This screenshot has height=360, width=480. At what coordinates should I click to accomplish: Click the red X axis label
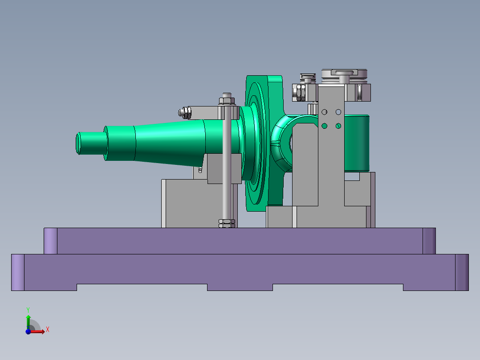click(47, 330)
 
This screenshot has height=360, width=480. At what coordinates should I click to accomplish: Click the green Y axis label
click(28, 309)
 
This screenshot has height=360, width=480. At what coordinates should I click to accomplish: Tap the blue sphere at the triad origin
click(28, 331)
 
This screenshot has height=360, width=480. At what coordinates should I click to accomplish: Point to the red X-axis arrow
click(39, 331)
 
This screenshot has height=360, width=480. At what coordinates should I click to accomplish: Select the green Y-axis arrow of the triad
click(28, 320)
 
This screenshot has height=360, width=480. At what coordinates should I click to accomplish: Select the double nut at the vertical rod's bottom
click(227, 223)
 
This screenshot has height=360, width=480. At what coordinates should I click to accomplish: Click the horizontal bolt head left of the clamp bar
click(183, 113)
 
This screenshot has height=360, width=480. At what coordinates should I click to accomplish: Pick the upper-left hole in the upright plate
click(325, 112)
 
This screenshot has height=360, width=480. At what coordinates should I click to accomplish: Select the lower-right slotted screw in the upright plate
click(338, 126)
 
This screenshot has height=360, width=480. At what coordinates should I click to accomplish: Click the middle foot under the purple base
click(240, 287)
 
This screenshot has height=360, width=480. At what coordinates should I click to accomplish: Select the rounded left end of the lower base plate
click(17, 272)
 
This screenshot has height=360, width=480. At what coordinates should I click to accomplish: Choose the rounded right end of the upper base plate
click(429, 241)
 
